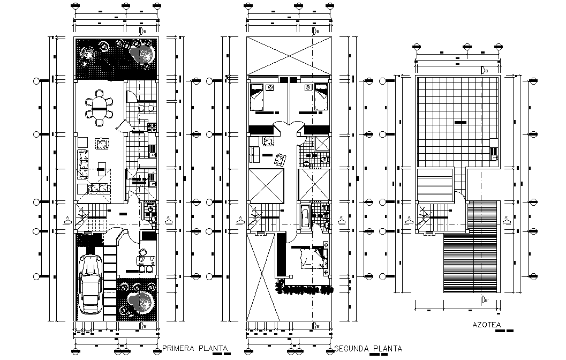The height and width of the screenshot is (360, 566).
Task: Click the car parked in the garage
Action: (x=91, y=284)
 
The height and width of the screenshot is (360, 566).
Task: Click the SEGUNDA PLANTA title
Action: (x=368, y=349)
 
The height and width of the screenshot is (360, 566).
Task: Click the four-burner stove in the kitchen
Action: (x=152, y=127)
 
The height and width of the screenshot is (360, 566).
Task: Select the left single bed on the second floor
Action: (x=257, y=97)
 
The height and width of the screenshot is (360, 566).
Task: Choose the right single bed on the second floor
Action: (x=320, y=97)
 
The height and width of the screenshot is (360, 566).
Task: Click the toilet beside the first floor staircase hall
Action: (x=153, y=217)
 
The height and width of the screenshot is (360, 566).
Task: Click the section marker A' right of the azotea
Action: (x=506, y=217)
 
